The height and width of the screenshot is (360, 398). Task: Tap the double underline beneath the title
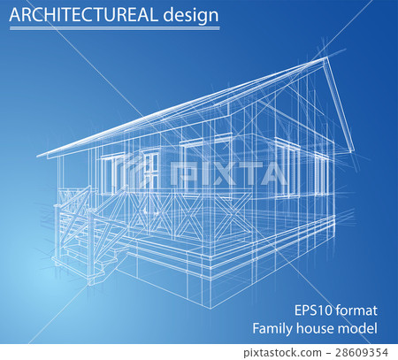114,28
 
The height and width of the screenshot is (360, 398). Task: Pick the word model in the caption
361,329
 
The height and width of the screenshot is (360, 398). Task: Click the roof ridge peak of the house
326,60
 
